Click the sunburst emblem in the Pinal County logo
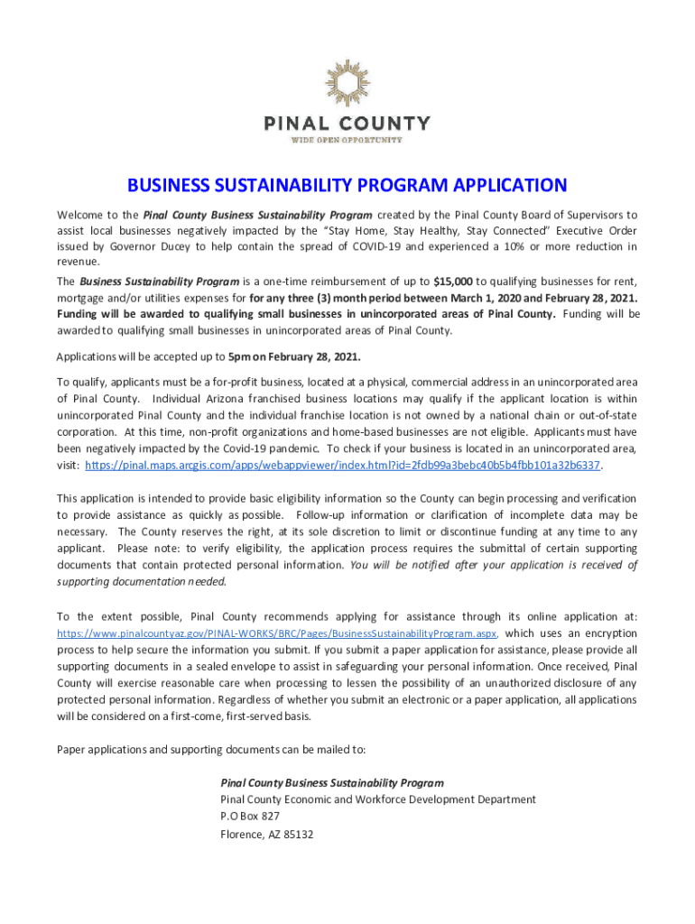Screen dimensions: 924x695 coord(347,84)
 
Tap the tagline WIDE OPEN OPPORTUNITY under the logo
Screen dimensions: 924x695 coord(347,139)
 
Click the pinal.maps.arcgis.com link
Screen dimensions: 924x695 coord(342,465)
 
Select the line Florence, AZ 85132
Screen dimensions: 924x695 coord(266,834)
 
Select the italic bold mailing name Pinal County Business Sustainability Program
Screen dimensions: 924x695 coord(331,782)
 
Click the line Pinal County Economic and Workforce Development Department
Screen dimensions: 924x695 coord(378,799)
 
